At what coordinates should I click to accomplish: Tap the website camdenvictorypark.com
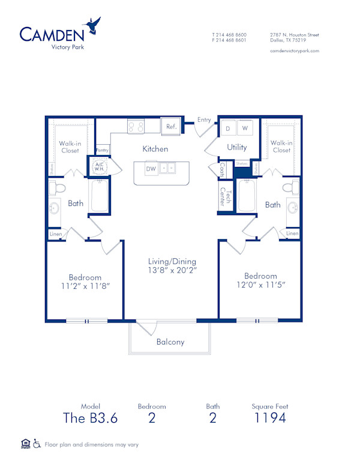tap(295, 51)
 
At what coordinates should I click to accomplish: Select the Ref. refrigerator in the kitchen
tap(170, 127)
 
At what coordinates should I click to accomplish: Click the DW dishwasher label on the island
tap(151, 169)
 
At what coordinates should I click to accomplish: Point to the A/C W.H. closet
tap(98, 166)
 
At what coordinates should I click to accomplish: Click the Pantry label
tap(102, 150)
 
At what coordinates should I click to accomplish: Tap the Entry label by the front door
tap(204, 120)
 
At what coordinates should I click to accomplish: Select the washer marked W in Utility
tap(245, 128)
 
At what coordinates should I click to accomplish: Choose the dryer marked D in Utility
tap(228, 128)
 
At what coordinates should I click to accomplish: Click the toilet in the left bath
tap(59, 189)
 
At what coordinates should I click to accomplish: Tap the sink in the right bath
tap(293, 209)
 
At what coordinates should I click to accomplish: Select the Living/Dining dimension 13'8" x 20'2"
tap(172, 266)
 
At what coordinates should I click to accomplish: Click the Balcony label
tap(170, 342)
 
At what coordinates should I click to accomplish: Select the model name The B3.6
tap(90, 419)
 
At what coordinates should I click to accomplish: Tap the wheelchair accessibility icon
tap(37, 444)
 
